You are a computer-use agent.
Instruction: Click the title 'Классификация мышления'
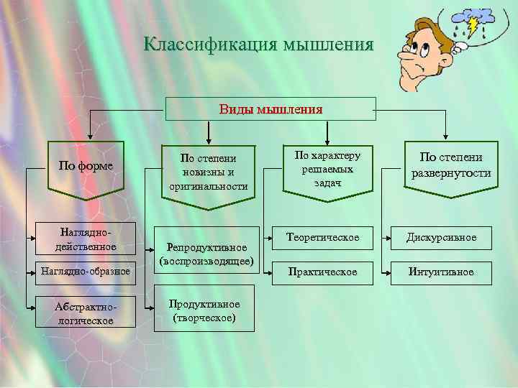click(x=258, y=45)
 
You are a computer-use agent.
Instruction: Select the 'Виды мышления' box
click(x=271, y=109)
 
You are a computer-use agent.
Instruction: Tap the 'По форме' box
click(x=86, y=166)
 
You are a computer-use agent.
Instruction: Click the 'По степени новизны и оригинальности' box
click(x=208, y=172)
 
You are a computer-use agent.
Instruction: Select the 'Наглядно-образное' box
click(x=86, y=271)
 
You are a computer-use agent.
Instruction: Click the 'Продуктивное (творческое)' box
click(x=204, y=310)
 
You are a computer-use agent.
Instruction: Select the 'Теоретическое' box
click(x=322, y=237)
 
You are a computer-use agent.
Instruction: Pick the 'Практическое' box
click(x=322, y=272)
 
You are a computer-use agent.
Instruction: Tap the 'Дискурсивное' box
click(x=441, y=237)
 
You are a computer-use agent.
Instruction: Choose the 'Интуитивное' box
click(x=441, y=272)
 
